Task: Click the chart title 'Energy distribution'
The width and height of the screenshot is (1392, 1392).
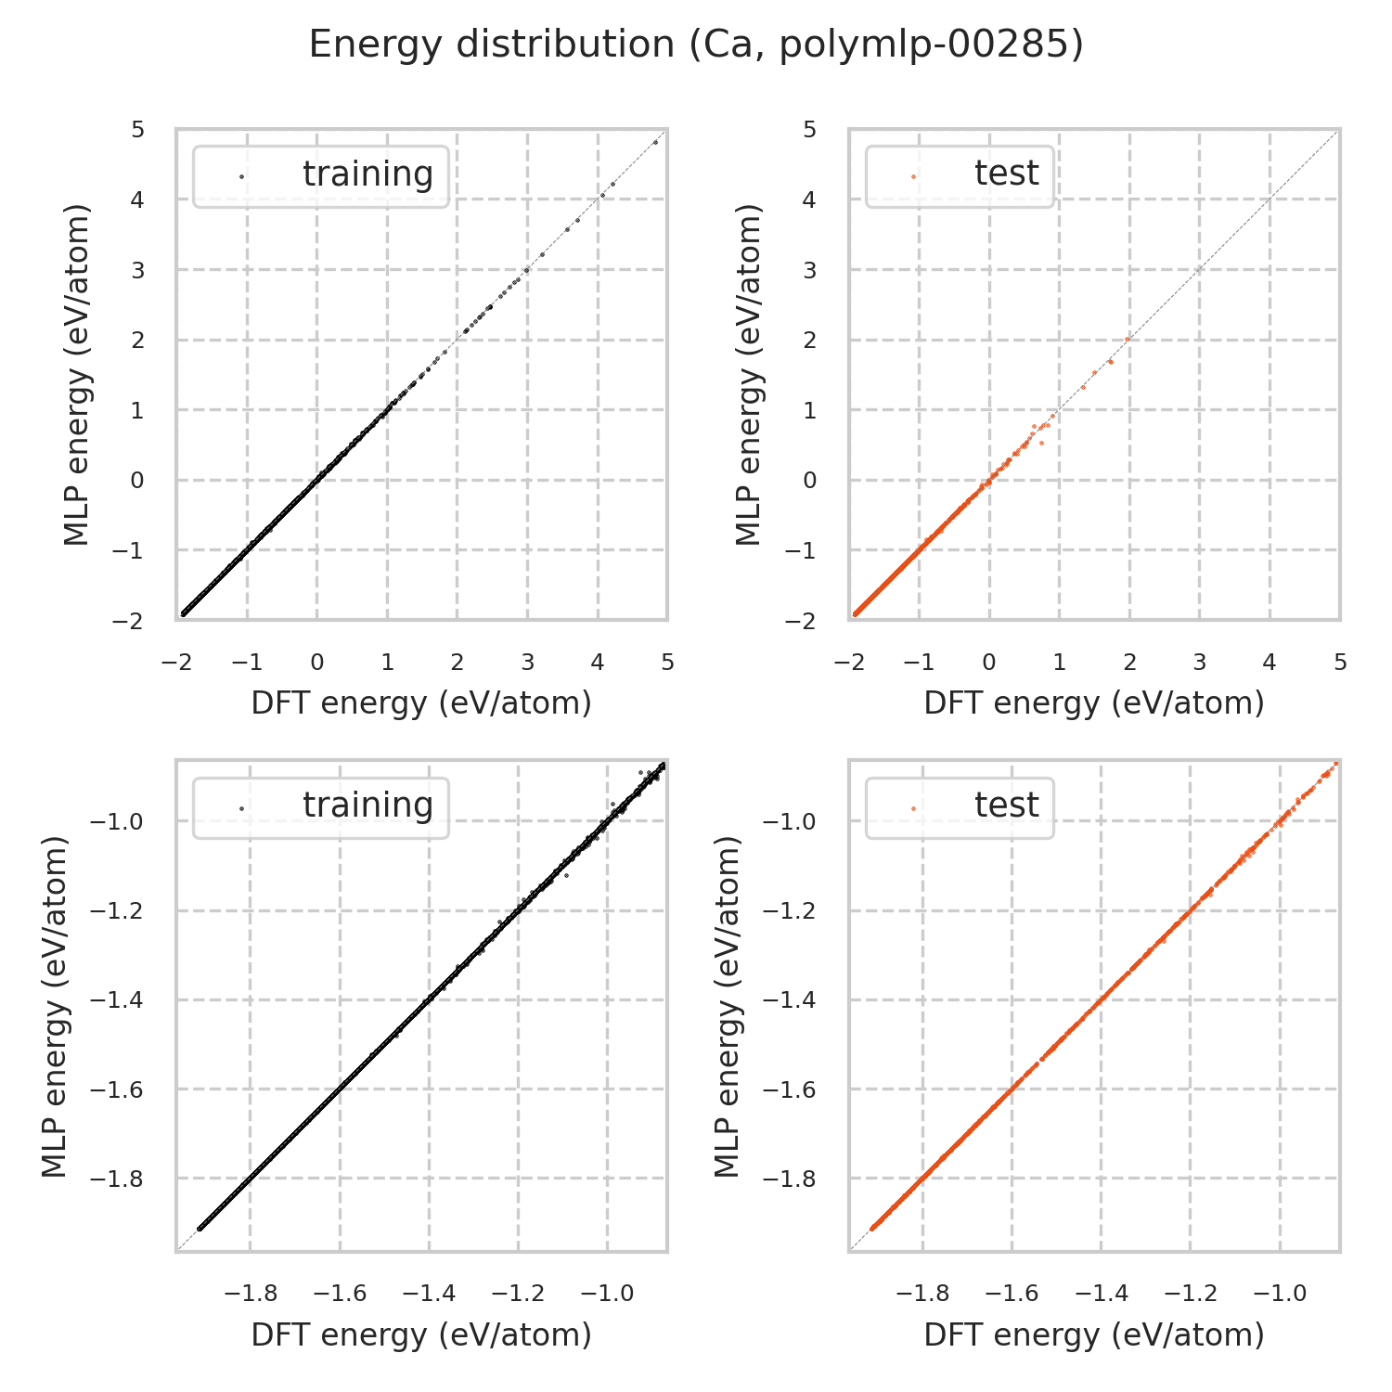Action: point(492,45)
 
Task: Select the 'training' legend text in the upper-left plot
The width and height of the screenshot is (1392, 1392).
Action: point(367,174)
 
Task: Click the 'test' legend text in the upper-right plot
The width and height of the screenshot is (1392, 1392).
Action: point(1006,174)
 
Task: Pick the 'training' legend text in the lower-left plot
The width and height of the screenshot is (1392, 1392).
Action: point(367,806)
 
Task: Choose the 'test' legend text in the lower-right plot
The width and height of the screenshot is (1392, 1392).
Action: point(1006,806)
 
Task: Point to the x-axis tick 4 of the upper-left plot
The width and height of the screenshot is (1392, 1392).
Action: point(598,663)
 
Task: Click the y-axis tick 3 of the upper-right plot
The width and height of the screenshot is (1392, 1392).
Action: point(810,270)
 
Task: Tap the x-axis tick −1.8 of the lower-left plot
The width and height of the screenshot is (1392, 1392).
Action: point(251,1294)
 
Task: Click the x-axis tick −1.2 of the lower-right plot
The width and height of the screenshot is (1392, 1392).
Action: point(1191,1294)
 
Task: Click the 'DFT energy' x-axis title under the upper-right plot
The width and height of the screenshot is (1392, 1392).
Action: point(1094,703)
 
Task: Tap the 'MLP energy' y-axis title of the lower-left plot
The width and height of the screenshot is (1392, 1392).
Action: point(56,1006)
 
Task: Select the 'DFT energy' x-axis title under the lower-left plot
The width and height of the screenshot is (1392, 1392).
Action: point(421,1334)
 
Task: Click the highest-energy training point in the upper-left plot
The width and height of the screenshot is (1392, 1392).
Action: point(655,142)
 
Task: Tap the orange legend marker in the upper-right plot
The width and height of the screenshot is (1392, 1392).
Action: point(913,175)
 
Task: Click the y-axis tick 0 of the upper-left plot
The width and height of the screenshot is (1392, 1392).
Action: point(137,481)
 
